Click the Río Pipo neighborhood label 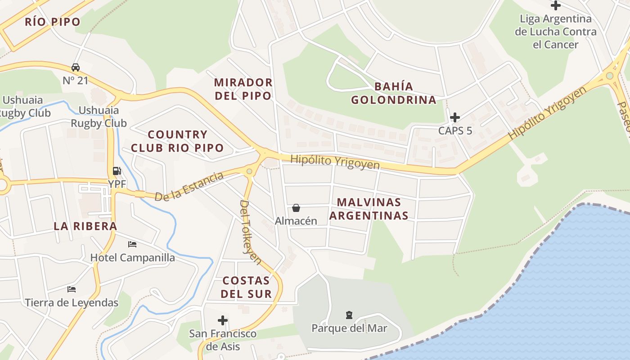click(53, 22)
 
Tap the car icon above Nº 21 click(75, 67)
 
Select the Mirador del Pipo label click(243, 89)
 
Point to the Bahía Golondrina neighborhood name click(393, 93)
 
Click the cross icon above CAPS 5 click(455, 117)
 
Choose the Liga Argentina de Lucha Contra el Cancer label click(555, 31)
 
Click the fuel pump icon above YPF click(117, 171)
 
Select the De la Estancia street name click(189, 187)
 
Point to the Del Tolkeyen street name click(251, 232)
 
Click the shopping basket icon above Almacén click(296, 208)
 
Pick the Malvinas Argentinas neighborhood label click(369, 209)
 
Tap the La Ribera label click(85, 226)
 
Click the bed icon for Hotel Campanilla click(132, 244)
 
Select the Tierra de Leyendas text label click(72, 302)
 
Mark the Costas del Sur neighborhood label click(247, 287)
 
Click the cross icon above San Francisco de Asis click(222, 320)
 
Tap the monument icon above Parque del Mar click(349, 315)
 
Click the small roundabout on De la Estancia click(249, 171)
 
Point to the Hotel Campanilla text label click(133, 258)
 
